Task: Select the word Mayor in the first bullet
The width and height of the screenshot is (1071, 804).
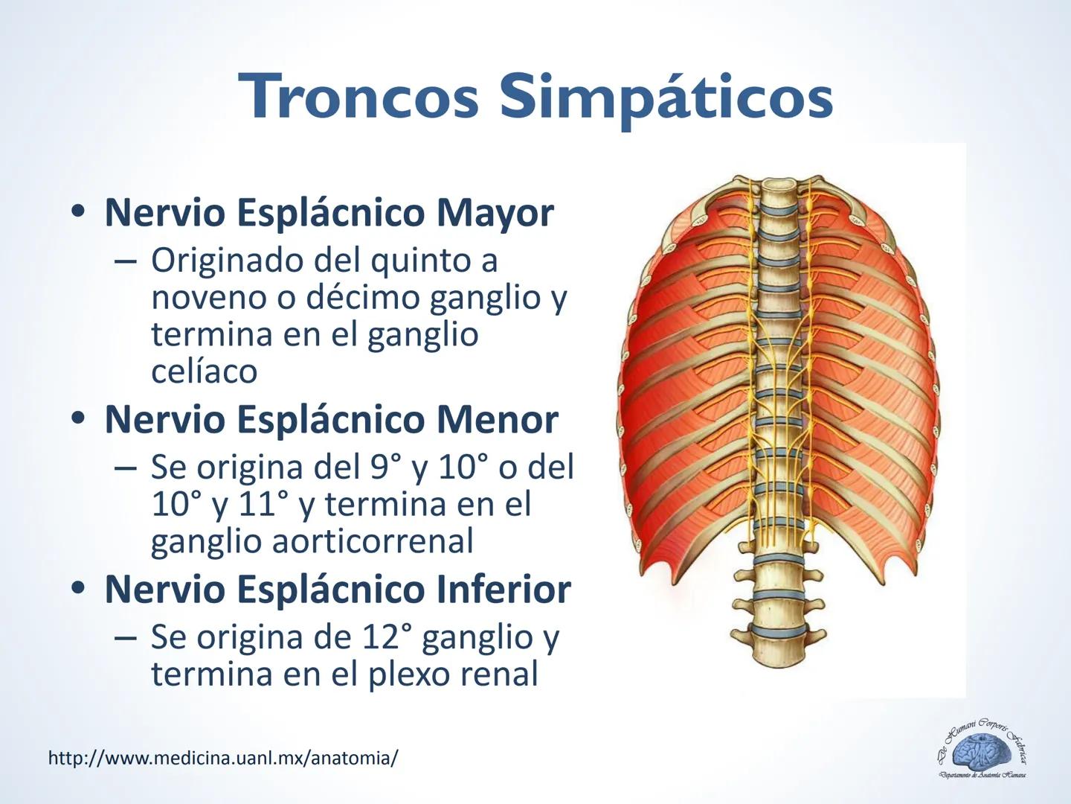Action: point(495,212)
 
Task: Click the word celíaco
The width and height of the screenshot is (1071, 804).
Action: point(204,371)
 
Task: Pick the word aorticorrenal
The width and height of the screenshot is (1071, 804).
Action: point(372,540)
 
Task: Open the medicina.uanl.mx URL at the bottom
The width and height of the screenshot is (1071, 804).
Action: point(222,758)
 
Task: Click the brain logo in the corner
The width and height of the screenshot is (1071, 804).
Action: point(982,750)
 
